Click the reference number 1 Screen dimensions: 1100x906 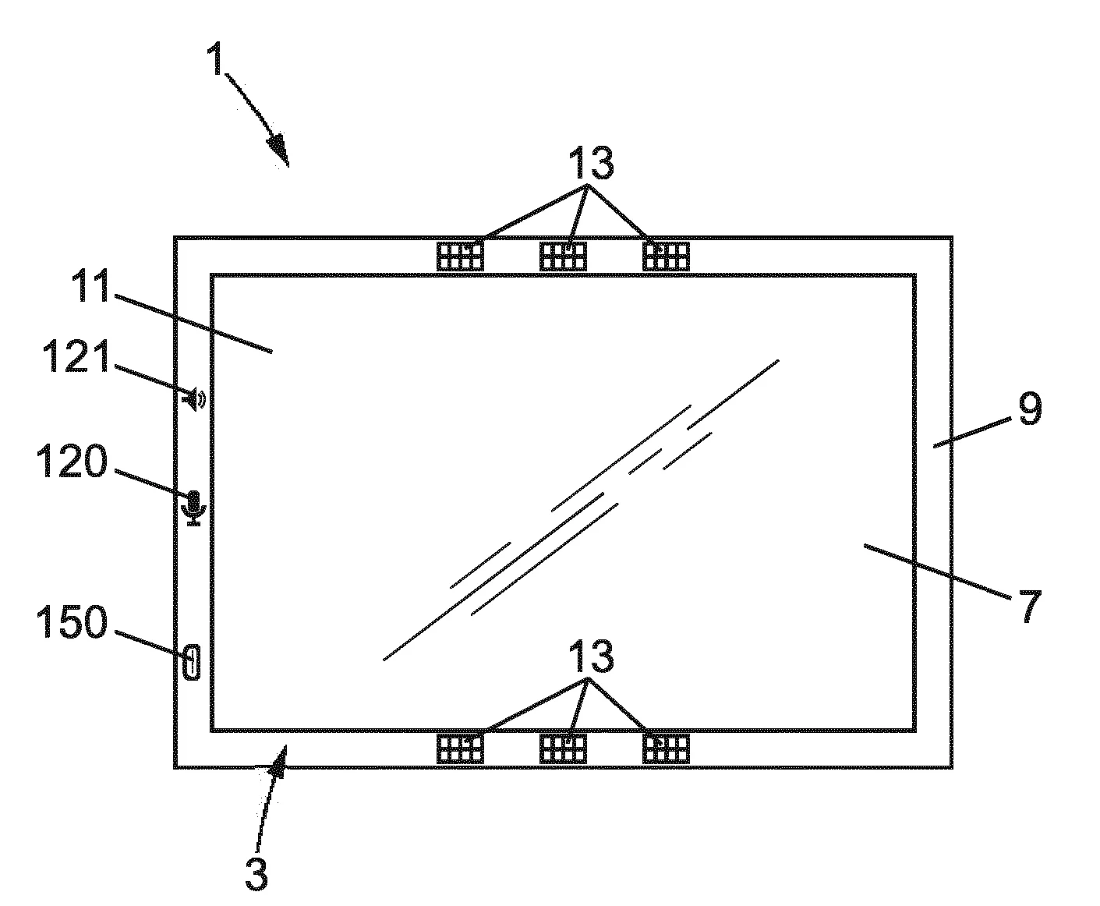pyautogui.click(x=215, y=59)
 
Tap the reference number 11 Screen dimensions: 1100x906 pyautogui.click(x=90, y=285)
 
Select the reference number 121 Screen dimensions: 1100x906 pyautogui.click(x=76, y=356)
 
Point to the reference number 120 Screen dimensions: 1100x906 pyautogui.click(x=72, y=460)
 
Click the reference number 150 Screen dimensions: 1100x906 pyautogui.click(x=72, y=621)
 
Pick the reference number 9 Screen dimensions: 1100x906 pyautogui.click(x=1030, y=408)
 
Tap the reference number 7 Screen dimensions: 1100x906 pyautogui.click(x=1031, y=606)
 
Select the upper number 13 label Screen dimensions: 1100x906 pyautogui.click(x=591, y=163)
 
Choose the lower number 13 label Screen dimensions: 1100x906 pyautogui.click(x=591, y=656)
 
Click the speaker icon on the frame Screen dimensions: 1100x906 pyautogui.click(x=194, y=399)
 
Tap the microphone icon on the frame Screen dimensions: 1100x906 pyautogui.click(x=194, y=508)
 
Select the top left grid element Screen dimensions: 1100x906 pyautogui.click(x=460, y=257)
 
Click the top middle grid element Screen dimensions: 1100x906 pyautogui.click(x=563, y=257)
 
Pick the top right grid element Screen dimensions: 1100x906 pyautogui.click(x=666, y=257)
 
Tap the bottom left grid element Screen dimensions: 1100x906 pyautogui.click(x=460, y=749)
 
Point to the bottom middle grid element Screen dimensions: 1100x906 pyautogui.click(x=563, y=749)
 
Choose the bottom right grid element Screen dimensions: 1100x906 pyautogui.click(x=666, y=749)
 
